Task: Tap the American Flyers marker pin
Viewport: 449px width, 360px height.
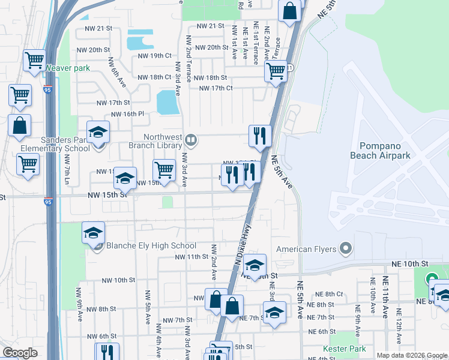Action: (x=345, y=248)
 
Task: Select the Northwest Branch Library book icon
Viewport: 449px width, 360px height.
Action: (x=190, y=140)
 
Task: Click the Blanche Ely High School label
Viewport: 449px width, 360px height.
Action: (x=151, y=245)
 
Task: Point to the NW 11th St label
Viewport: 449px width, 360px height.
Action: (x=191, y=257)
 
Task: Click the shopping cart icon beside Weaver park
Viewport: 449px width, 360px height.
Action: (x=34, y=59)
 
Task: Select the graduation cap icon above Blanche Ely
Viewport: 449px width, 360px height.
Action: (x=93, y=232)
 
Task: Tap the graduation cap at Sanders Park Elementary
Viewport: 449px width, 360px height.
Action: (x=98, y=131)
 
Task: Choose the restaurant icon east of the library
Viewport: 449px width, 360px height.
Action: (x=260, y=135)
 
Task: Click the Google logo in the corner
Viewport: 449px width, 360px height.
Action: (x=20, y=353)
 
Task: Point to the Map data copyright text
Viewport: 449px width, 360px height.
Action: (x=412, y=355)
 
